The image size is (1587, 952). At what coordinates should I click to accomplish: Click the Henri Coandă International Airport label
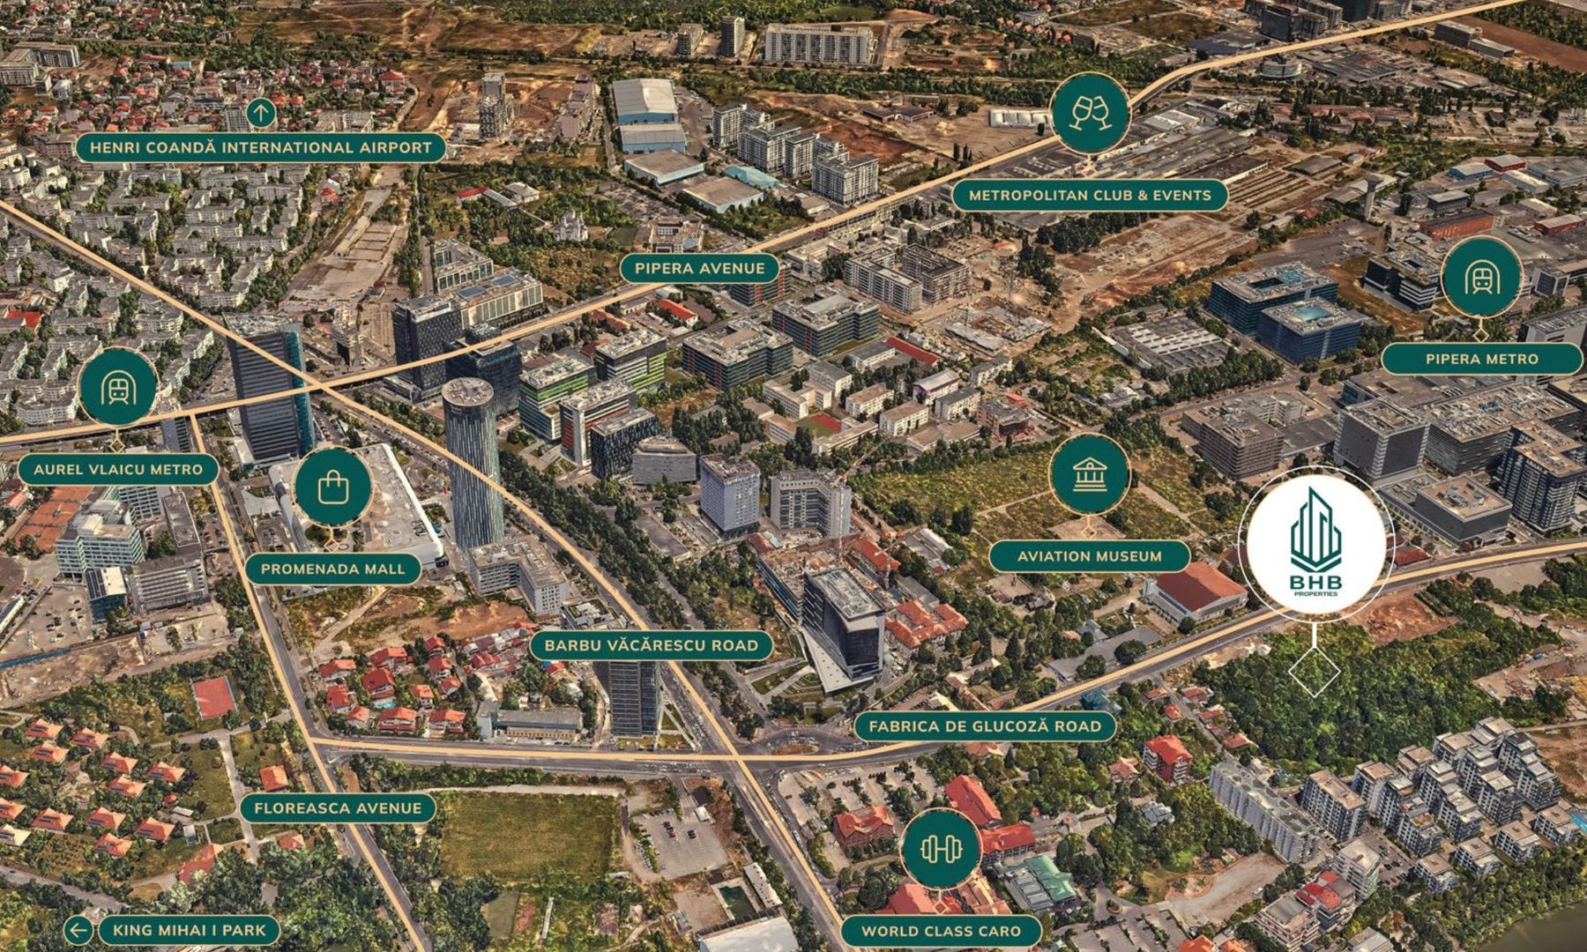(x=260, y=147)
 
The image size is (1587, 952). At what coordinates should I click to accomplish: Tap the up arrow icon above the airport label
(x=260, y=113)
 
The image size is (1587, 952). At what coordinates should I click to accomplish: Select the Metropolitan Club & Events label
(x=1090, y=195)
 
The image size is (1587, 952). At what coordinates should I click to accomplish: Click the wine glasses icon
(x=1090, y=112)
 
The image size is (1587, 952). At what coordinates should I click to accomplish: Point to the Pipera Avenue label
(x=700, y=268)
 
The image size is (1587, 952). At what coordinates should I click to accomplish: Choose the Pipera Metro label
(x=1481, y=359)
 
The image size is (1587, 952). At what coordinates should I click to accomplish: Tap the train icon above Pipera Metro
(x=1481, y=278)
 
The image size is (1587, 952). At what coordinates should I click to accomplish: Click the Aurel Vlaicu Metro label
(x=118, y=469)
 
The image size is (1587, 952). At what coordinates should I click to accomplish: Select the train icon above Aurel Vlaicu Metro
(x=118, y=388)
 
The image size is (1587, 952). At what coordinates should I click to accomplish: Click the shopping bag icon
(x=333, y=486)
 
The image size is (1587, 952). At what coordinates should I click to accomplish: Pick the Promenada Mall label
(x=333, y=569)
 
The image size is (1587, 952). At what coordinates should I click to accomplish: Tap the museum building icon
(x=1089, y=475)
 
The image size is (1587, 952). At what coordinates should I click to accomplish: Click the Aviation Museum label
(x=1089, y=556)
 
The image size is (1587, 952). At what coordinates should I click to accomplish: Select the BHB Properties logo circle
(x=1314, y=543)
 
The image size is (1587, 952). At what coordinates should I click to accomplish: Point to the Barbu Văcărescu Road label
(x=651, y=645)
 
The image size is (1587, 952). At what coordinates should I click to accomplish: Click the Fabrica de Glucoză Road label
(x=984, y=727)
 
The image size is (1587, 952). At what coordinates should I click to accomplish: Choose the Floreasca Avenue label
(x=338, y=807)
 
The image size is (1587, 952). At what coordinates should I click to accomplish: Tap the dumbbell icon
(x=940, y=848)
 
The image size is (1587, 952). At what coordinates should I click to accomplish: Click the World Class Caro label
(x=940, y=930)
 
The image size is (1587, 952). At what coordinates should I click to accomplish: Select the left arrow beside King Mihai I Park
(x=79, y=929)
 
